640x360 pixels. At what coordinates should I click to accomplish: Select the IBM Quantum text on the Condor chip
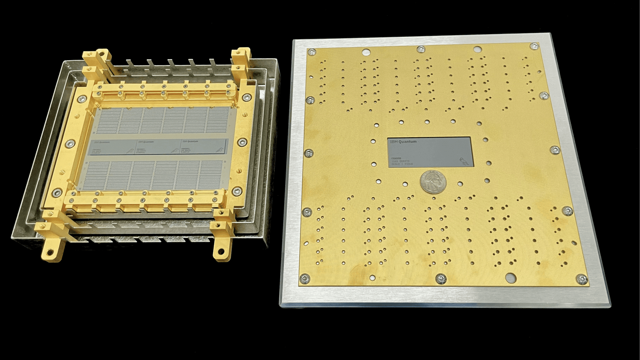click(403, 142)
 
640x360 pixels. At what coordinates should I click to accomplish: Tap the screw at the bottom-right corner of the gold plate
click(581, 278)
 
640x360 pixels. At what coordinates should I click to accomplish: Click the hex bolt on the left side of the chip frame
click(70, 143)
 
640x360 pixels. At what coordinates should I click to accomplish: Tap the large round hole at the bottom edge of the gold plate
click(510, 277)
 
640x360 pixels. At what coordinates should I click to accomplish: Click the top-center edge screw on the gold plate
click(421, 49)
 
